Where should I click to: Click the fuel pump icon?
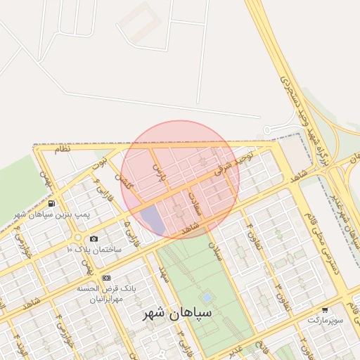click(51, 203)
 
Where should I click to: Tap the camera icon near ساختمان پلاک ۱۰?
click(94, 239)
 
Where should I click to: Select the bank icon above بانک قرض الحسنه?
click(106, 278)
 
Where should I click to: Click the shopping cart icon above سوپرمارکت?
click(324, 309)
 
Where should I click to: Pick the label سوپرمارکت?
click(324, 320)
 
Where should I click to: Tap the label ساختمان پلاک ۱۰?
click(94, 250)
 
